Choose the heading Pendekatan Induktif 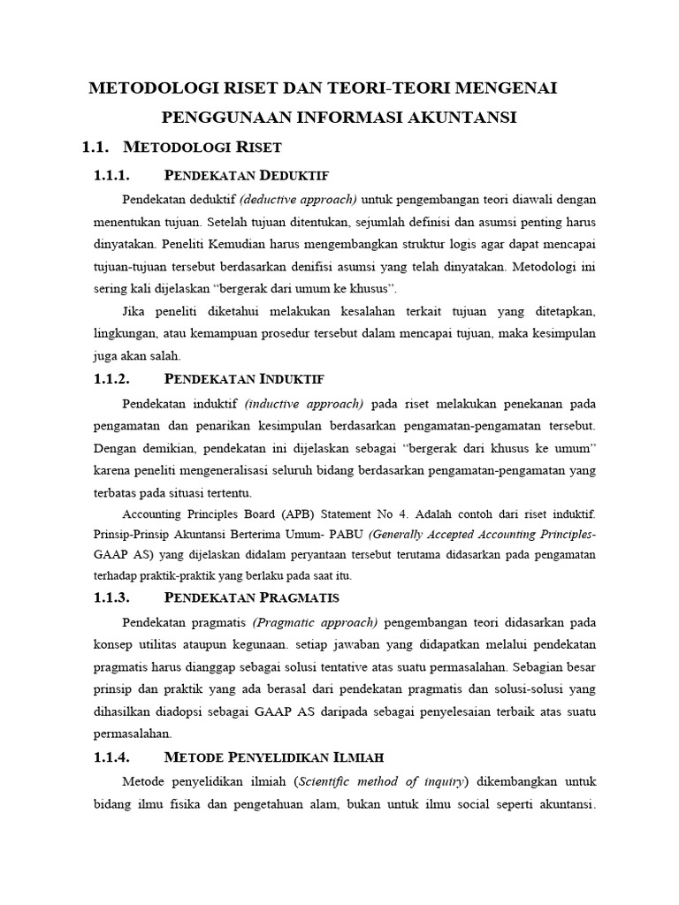pyautogui.click(x=245, y=379)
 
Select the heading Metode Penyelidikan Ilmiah pyautogui.click(x=273, y=757)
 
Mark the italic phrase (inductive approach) pyautogui.click(x=304, y=404)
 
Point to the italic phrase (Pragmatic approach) pyautogui.click(x=315, y=620)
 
